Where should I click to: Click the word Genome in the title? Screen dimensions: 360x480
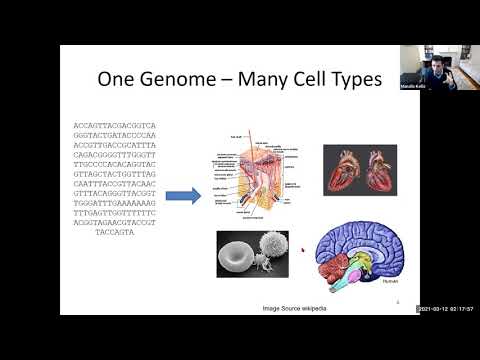(185, 78)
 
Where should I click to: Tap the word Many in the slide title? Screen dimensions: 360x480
(261, 78)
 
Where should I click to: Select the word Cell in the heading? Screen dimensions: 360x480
(313, 78)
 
